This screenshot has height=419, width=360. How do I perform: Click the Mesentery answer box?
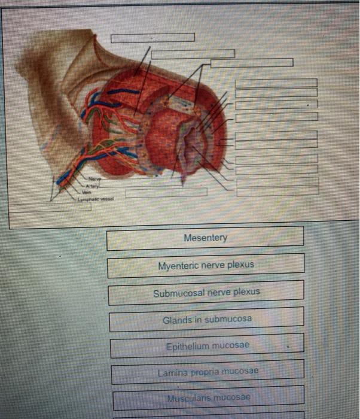pos(205,238)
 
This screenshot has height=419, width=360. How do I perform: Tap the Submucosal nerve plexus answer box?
pos(206,293)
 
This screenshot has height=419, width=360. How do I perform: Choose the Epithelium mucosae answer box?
pos(206,345)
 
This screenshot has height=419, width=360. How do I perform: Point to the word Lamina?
pos(172,372)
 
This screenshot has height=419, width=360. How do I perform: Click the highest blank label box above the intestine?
pos(152,38)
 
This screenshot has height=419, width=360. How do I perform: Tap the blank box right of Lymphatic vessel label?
pos(166,192)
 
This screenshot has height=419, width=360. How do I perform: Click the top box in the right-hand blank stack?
pos(276,82)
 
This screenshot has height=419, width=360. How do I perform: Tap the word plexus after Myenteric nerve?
pos(240,265)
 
